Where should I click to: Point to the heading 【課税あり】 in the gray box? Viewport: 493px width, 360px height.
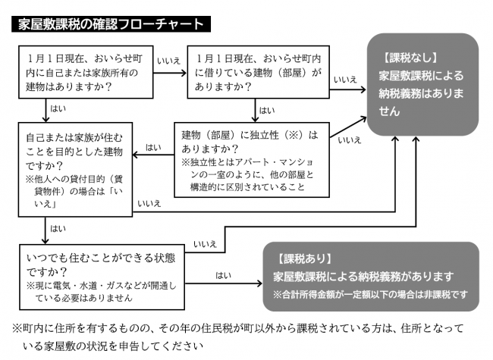pyautogui.click(x=303, y=258)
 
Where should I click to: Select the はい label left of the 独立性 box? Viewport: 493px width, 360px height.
pyautogui.click(x=152, y=146)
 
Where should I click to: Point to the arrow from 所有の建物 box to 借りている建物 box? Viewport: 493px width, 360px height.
pyautogui.click(x=168, y=73)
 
